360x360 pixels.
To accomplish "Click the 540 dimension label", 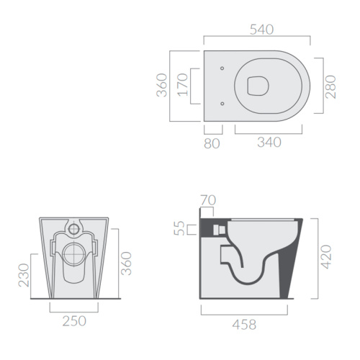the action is point(261,30).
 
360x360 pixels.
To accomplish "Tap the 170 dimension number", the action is point(183,85).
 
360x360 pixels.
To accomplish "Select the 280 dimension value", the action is point(330,86).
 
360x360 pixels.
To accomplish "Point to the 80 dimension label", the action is point(212,143).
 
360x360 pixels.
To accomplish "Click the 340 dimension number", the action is point(269,142).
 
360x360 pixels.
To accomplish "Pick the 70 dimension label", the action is point(208,200).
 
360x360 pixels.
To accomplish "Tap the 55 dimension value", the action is point(179,228).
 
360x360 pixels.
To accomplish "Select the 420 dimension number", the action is point(326,257).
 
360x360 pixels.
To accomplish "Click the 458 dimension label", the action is point(244,325).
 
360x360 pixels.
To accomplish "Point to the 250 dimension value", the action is point(74,321).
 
